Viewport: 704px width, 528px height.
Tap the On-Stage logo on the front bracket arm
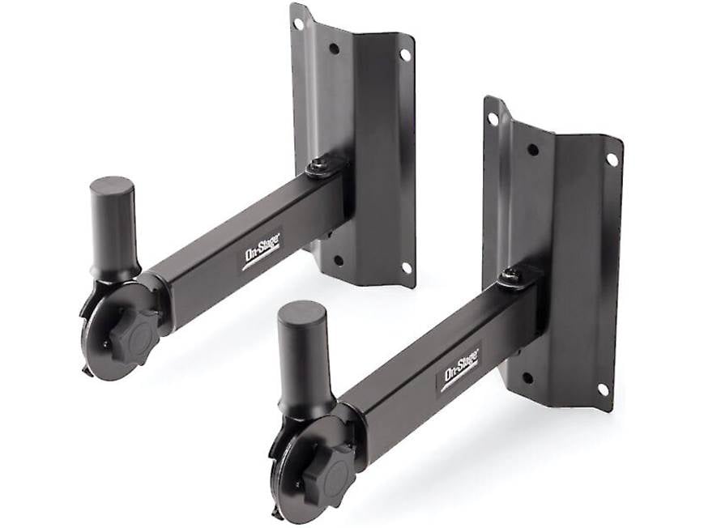[459, 368]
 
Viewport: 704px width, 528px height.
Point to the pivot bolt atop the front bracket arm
[510, 276]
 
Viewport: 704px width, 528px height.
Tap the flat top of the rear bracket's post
[111, 185]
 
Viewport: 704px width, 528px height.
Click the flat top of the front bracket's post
[301, 311]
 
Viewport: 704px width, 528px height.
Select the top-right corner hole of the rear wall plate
[404, 55]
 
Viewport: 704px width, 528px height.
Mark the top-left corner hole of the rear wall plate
[298, 23]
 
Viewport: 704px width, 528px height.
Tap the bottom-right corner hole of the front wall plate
[603, 390]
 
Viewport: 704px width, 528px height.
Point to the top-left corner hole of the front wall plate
[493, 118]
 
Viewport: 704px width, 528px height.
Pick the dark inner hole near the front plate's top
[532, 149]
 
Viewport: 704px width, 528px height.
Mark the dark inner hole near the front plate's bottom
[527, 377]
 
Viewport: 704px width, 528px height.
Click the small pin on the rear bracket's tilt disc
[105, 343]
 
